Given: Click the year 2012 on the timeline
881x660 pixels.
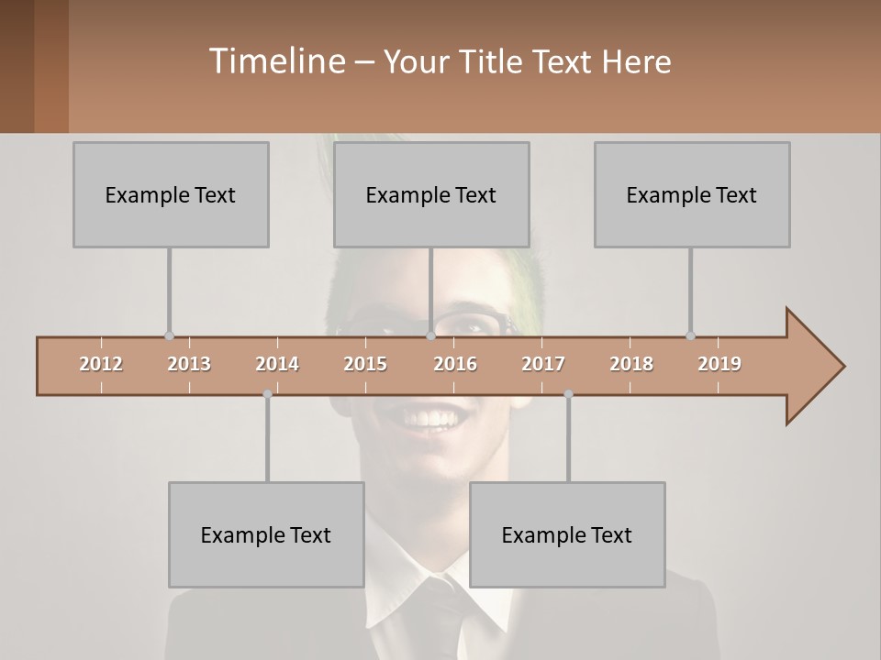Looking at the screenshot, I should point(101,364).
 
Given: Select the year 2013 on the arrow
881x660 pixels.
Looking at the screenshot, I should point(189,364).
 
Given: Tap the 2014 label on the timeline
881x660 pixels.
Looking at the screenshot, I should point(277,364).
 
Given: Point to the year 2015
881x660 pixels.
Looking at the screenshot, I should point(365,364).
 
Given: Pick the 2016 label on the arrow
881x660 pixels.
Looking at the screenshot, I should point(455,364).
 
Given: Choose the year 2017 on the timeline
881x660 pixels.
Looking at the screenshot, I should point(543,364).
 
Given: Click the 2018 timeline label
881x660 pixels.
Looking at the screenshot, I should point(631,364).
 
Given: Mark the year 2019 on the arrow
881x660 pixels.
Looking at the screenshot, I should point(719,364).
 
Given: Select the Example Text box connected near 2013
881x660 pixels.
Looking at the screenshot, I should point(171,194).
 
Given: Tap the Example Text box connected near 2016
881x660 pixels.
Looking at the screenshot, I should point(431,194).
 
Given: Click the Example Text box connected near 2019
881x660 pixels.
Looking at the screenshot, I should point(692,194).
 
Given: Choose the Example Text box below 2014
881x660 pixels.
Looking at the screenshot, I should point(266,534).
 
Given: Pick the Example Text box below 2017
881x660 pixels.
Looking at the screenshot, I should point(567,534).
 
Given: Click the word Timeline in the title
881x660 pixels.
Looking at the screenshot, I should point(276,61).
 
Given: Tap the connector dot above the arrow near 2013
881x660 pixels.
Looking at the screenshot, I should point(169,335).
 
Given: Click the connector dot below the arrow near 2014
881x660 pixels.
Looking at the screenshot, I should point(267,394).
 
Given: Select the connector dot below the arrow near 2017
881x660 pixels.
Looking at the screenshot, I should point(568,394).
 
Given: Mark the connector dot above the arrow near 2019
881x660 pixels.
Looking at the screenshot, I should point(690,335).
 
